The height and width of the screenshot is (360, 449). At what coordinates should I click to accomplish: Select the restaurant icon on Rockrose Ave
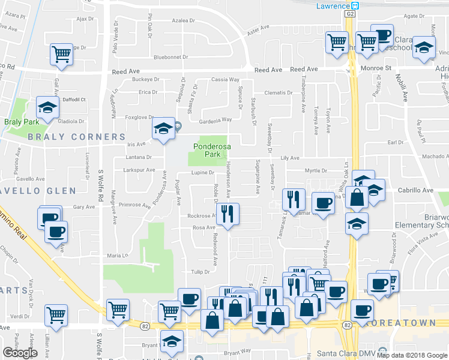pyautogui.click(x=228, y=214)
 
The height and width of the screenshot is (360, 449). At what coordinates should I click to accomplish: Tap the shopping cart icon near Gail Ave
pyautogui.click(x=61, y=54)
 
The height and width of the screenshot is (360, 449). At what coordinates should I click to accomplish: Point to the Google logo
pyautogui.click(x=20, y=353)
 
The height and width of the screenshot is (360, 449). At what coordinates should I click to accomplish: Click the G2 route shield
pyautogui.click(x=351, y=13)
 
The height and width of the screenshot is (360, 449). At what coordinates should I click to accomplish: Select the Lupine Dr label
pyautogui.click(x=202, y=173)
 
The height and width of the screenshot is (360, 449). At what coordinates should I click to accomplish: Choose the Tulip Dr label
pyautogui.click(x=200, y=271)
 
